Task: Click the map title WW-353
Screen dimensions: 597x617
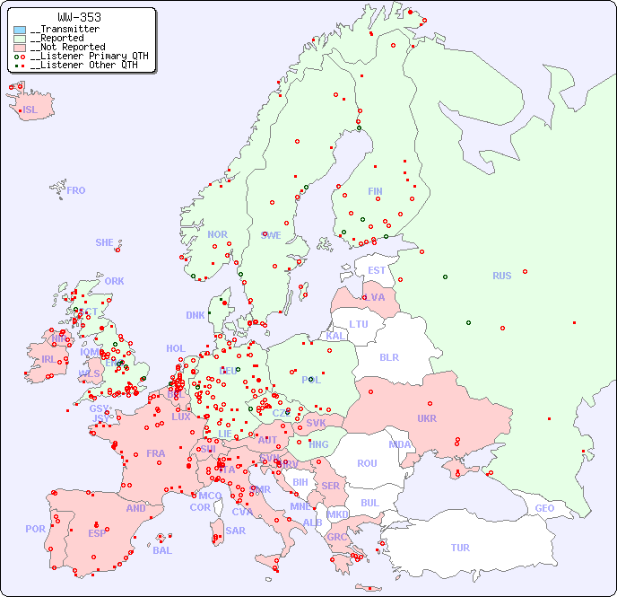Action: tap(79, 17)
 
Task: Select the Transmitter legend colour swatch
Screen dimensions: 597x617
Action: tap(20, 30)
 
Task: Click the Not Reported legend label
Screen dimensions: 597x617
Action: tap(67, 47)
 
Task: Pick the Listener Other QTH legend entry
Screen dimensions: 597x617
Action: tap(83, 65)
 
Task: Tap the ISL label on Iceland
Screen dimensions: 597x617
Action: tap(30, 110)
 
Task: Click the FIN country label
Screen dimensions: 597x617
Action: tap(375, 191)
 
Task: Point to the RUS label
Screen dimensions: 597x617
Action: tap(501, 276)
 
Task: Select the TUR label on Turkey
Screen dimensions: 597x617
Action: tap(460, 548)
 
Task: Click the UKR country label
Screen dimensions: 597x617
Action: tap(426, 418)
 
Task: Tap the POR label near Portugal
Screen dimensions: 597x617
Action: tap(35, 529)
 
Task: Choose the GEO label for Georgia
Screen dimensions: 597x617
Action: tap(544, 508)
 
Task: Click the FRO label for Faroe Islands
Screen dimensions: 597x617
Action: tap(76, 190)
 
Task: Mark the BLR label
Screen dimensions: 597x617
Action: tap(388, 356)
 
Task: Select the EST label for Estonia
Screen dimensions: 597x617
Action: tap(377, 270)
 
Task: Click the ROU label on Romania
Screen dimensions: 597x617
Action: tap(367, 463)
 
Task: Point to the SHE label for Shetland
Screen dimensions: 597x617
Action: tap(105, 242)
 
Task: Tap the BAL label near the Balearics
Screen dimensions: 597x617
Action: tap(162, 550)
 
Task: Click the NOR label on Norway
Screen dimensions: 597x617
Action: tap(217, 234)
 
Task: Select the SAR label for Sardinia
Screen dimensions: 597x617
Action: tap(235, 530)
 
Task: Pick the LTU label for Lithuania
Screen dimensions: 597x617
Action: tap(359, 324)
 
